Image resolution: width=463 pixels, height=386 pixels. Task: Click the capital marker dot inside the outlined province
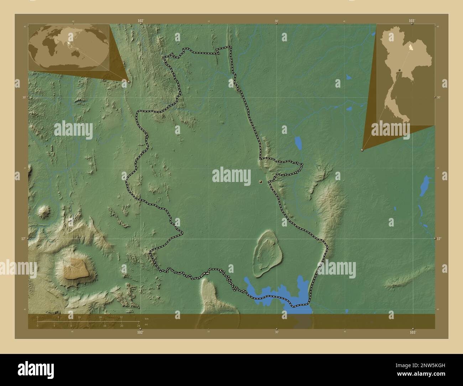[261, 182]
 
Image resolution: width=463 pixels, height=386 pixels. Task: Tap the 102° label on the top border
[141, 21]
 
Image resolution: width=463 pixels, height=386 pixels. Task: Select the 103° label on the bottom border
[412, 332]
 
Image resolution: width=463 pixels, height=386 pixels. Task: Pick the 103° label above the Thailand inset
[412, 21]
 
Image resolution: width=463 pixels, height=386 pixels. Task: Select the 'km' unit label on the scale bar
[146, 318]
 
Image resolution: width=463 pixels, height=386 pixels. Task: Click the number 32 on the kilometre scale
[121, 317]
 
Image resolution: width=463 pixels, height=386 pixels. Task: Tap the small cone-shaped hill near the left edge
[45, 212]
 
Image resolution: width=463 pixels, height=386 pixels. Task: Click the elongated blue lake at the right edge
[425, 186]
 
